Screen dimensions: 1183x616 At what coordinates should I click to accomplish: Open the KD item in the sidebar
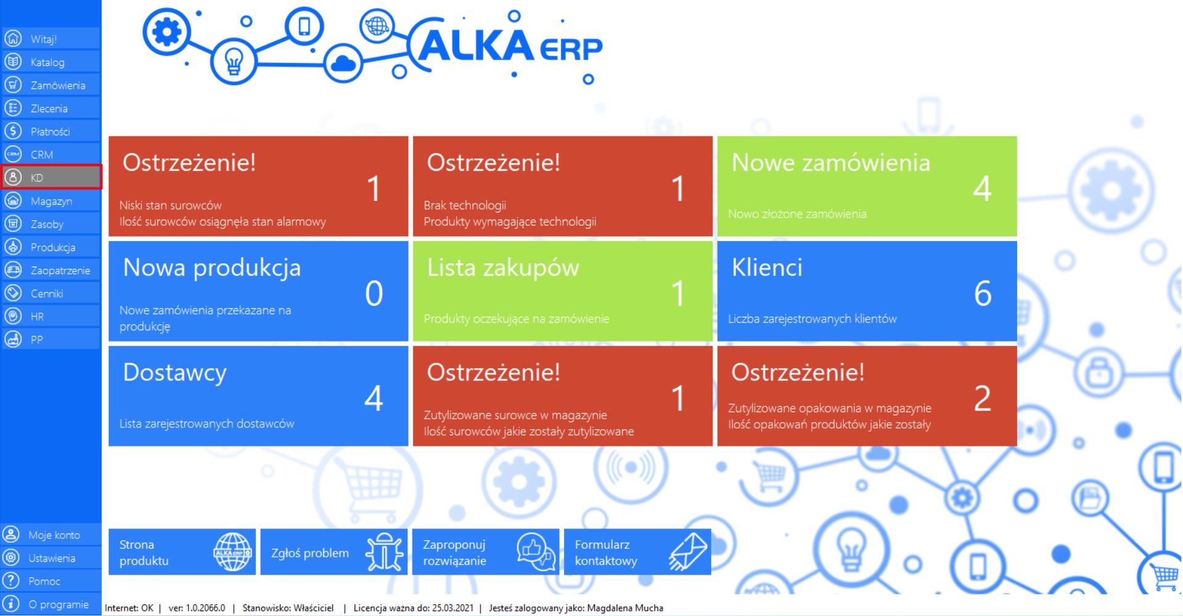coord(51,178)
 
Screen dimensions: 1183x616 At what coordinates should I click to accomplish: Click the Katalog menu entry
coord(51,62)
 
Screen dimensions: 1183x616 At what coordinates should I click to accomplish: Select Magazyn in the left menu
coord(51,201)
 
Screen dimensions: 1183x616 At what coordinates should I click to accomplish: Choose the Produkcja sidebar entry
coord(51,247)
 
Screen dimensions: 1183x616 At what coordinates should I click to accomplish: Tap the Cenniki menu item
coord(51,294)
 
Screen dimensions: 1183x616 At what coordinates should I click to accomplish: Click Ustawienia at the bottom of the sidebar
coord(51,558)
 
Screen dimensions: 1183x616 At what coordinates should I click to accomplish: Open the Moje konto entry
coord(51,535)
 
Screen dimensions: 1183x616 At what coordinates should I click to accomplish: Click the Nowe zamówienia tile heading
coord(830,163)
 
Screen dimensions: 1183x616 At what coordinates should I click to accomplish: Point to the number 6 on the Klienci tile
coord(983,294)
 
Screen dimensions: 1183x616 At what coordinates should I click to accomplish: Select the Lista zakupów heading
coord(503,268)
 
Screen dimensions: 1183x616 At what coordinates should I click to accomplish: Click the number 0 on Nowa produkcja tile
coord(374,294)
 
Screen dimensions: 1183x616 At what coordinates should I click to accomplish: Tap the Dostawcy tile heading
coord(174,373)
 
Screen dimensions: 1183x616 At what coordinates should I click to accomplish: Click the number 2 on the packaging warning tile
coord(983,398)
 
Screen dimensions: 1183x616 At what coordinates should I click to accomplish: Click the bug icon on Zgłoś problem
coord(383,552)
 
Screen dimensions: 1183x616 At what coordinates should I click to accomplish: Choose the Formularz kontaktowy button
coord(637,552)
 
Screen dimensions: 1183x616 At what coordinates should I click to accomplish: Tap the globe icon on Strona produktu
coord(232,552)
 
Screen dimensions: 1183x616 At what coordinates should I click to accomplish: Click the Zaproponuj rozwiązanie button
coord(486,552)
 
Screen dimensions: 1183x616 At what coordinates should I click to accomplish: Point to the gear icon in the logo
coord(167,31)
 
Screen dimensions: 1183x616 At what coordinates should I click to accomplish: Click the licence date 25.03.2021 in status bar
coord(452,608)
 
